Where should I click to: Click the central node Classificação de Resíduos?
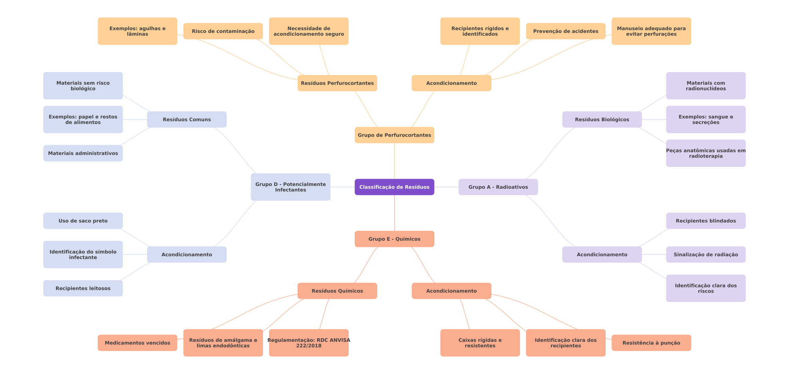[x=394, y=187]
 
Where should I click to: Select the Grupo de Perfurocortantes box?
[x=394, y=135]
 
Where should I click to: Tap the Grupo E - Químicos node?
[x=394, y=239]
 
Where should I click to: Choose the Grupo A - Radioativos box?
[x=498, y=187]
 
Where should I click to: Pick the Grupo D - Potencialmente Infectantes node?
[x=290, y=187]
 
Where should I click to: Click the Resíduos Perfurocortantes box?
[x=337, y=83]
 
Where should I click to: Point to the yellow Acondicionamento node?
[x=451, y=83]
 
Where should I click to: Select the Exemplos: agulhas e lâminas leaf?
[x=137, y=31]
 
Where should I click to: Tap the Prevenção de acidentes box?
[x=565, y=31]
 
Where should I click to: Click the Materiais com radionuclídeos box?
[x=706, y=86]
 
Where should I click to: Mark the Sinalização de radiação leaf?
[x=706, y=255]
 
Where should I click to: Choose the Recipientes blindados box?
[x=706, y=221]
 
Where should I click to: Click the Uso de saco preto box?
[x=83, y=221]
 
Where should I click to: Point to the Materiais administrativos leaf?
[x=83, y=153]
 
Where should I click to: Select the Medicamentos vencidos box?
[x=137, y=343]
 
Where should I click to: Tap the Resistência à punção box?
[x=651, y=343]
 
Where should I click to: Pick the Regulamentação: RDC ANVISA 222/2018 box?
[x=309, y=343]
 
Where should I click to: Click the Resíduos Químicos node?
[x=337, y=291]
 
